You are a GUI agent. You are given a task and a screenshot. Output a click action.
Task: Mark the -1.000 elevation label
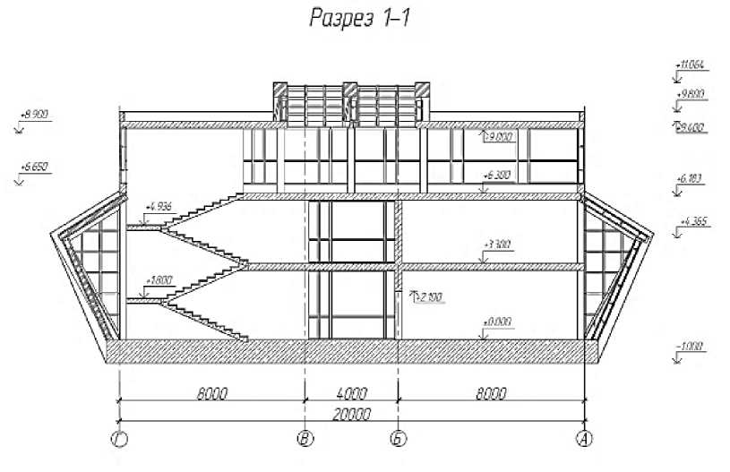tap(691, 346)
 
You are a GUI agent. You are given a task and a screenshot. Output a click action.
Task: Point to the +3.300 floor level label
tap(496, 244)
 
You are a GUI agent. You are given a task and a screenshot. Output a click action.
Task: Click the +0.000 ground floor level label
tap(495, 321)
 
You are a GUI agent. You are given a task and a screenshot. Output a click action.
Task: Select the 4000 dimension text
tap(352, 392)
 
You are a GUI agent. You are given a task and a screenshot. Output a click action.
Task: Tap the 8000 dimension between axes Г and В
tap(212, 392)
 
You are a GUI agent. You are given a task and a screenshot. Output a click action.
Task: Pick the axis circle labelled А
tap(584, 439)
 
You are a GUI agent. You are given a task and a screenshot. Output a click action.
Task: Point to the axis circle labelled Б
tap(399, 439)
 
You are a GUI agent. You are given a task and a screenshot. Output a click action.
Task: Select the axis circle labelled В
tap(305, 439)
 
